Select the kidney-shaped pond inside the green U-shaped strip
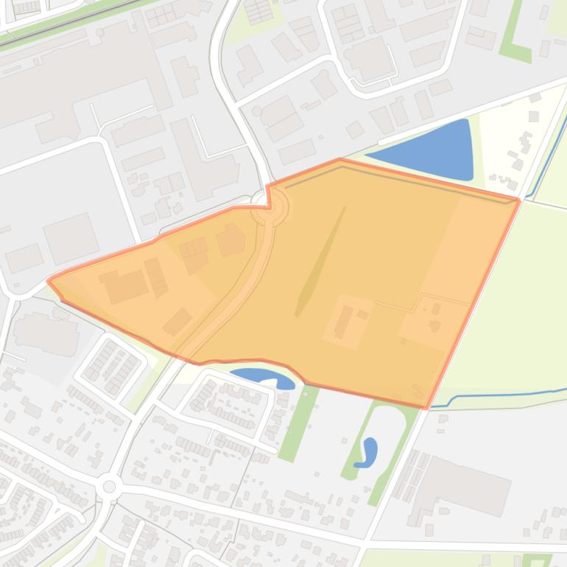[x=367, y=453]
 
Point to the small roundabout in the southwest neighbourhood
[x=110, y=486]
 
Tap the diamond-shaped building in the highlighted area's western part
[x=177, y=321]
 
